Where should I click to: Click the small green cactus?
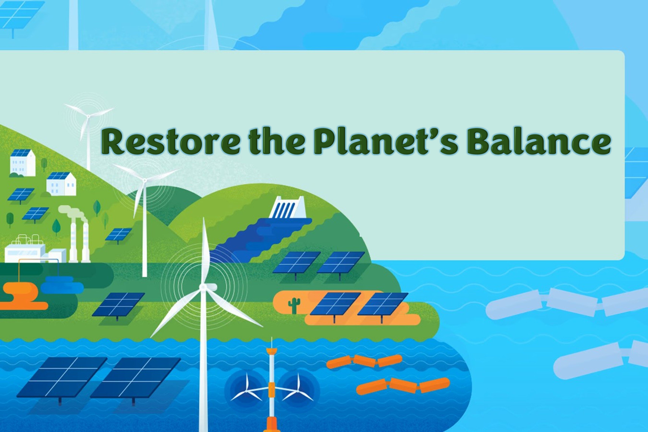click(294, 306)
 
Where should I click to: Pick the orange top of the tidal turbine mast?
click(272, 351)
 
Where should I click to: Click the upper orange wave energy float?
click(364, 361)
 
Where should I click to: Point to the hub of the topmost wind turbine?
click(88, 117)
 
